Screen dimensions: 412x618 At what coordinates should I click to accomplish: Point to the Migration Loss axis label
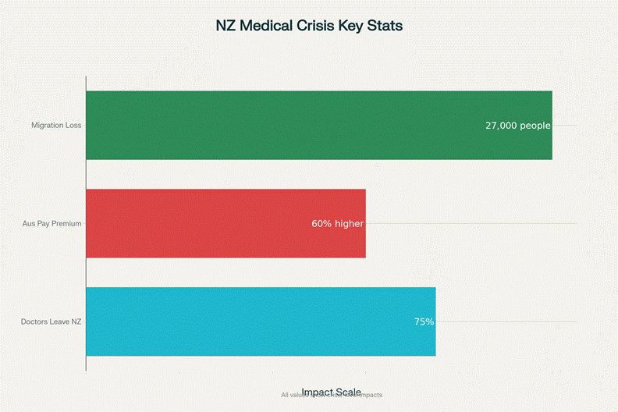pyautogui.click(x=56, y=125)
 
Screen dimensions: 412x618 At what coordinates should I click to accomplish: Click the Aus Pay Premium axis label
pyautogui.click(x=52, y=224)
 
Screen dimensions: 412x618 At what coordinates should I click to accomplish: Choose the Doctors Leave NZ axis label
pyautogui.click(x=51, y=321)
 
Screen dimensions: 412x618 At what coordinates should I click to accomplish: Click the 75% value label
pyautogui.click(x=424, y=321)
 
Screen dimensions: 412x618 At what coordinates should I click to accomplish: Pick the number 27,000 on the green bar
pyautogui.click(x=501, y=125)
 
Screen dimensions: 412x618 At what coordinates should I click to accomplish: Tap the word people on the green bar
pyautogui.click(x=535, y=125)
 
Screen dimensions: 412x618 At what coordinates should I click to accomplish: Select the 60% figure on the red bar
pyautogui.click(x=321, y=224)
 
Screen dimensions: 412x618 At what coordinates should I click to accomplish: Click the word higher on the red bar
pyautogui.click(x=349, y=224)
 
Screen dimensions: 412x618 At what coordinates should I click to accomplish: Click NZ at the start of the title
pyautogui.click(x=226, y=26)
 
